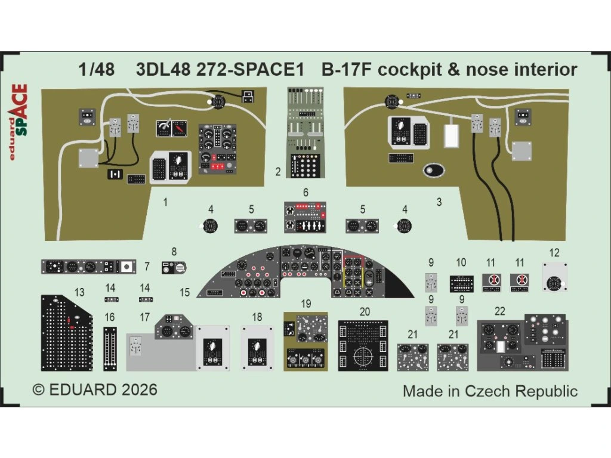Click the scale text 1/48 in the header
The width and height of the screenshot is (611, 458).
click(x=96, y=70)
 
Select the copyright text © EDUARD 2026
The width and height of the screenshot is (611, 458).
click(x=95, y=390)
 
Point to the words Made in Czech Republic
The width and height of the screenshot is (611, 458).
click(x=490, y=391)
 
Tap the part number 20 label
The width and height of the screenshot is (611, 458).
click(x=365, y=311)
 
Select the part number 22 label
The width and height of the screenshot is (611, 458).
click(x=499, y=311)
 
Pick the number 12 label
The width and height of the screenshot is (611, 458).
click(x=555, y=252)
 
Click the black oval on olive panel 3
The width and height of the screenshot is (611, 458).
click(x=434, y=171)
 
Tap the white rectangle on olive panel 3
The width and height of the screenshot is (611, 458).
click(x=451, y=137)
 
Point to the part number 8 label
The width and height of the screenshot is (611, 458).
click(x=174, y=252)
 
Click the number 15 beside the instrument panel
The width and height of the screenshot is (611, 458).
click(x=185, y=292)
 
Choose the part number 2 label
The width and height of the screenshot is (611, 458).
click(x=278, y=173)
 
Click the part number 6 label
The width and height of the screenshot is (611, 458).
click(x=305, y=193)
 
